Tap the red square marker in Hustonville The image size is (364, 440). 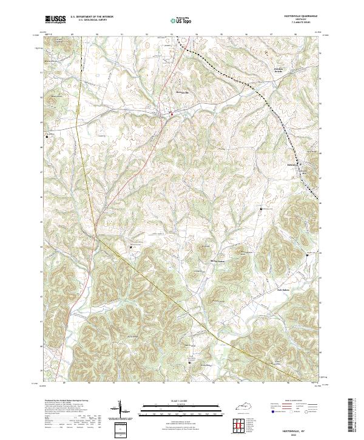[x=172, y=113]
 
